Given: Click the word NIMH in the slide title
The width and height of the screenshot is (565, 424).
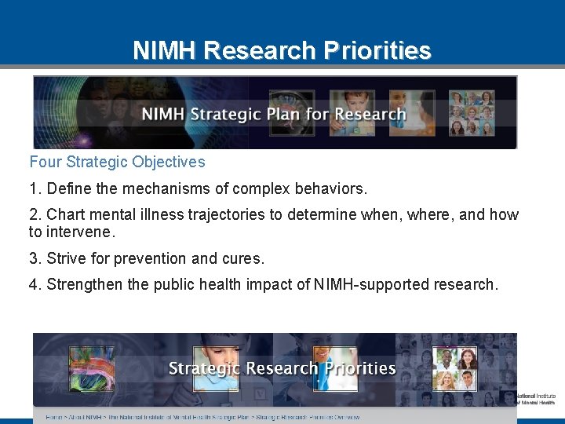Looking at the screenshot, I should click(x=165, y=51).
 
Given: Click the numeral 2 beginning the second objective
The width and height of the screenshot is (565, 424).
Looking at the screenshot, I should click(x=34, y=215).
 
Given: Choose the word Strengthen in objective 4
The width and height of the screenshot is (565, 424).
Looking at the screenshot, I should click(x=84, y=285).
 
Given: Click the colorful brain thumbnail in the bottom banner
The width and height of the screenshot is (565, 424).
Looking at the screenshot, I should click(x=91, y=368).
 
